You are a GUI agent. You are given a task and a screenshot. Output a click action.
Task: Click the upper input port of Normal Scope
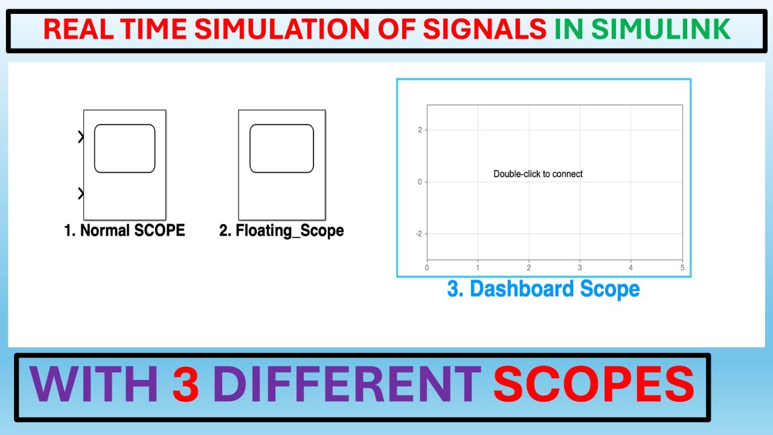coord(81,137)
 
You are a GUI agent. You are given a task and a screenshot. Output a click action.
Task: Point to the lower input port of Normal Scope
coord(81,193)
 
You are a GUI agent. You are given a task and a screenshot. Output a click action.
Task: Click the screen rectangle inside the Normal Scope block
coord(124,149)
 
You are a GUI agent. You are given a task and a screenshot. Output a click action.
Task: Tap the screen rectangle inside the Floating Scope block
coord(281,149)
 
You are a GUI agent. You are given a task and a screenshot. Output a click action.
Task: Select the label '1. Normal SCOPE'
coord(124,230)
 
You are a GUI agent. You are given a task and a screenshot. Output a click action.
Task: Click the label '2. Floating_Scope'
coord(281,230)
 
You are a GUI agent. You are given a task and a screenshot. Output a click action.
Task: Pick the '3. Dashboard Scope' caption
coord(543,289)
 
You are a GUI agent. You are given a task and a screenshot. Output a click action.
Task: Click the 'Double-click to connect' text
coord(538,174)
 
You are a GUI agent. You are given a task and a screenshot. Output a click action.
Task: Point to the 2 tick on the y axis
coord(420,130)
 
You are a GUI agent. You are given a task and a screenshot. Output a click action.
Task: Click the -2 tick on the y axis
coord(418,234)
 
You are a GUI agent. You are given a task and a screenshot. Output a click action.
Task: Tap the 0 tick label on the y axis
coord(420,182)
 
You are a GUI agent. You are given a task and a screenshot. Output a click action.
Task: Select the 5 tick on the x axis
coord(682,267)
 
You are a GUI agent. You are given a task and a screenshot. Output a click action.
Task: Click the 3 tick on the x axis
coord(580,267)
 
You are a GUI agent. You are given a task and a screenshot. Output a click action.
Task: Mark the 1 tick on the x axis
coord(478,267)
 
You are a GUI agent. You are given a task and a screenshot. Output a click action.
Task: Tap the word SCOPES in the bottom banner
coord(594,387)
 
